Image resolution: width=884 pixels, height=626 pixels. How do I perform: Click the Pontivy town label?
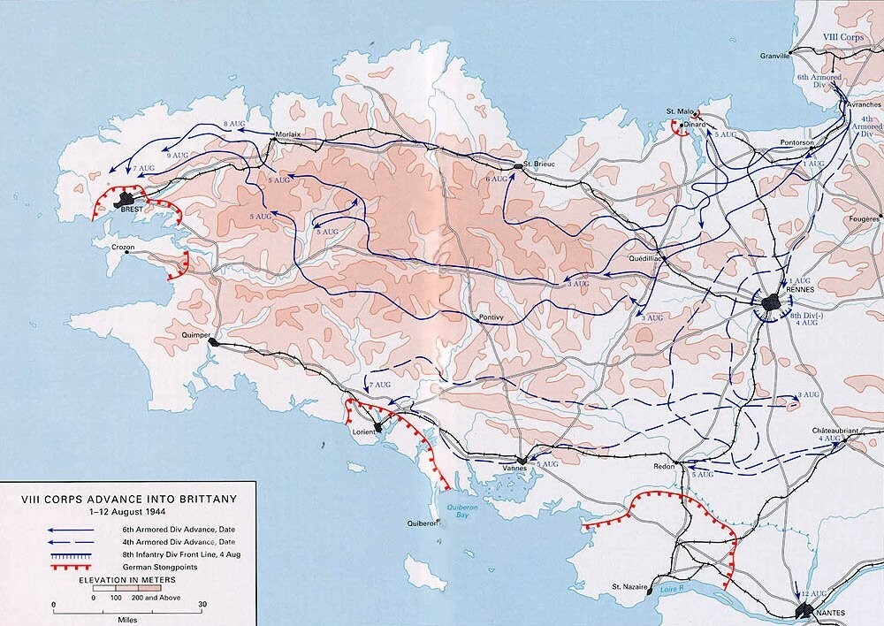[x=491, y=316]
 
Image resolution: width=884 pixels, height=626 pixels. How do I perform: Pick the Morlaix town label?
[x=289, y=134]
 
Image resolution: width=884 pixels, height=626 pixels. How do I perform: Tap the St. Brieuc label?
[x=537, y=164]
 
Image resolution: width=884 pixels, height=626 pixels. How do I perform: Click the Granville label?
[x=775, y=56]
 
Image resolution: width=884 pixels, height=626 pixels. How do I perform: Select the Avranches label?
[x=864, y=103]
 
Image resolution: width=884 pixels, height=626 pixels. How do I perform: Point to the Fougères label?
[x=864, y=218]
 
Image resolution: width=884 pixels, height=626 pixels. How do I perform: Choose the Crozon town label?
[x=123, y=247]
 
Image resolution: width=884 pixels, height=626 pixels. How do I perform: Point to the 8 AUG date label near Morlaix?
[x=234, y=123]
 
